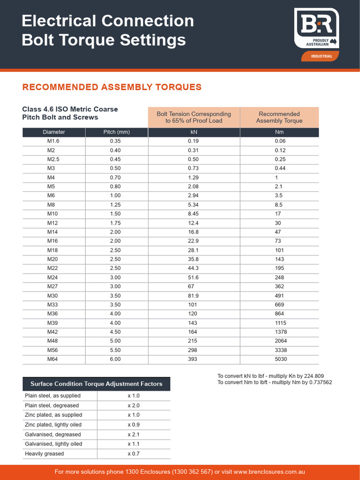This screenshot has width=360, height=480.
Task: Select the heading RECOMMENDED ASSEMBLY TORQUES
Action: (112, 87)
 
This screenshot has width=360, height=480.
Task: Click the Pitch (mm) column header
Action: (116, 132)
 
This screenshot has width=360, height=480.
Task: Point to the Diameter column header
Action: (54, 132)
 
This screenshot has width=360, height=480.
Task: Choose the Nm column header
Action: (279, 132)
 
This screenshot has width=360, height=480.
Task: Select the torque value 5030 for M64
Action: (281, 359)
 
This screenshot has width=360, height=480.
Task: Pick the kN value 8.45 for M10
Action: (193, 214)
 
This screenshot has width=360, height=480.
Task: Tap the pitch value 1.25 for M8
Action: (115, 205)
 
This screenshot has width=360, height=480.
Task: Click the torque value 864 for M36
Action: (279, 314)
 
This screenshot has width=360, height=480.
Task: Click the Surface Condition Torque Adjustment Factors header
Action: (96, 384)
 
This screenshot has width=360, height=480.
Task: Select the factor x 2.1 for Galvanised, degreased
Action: (134, 435)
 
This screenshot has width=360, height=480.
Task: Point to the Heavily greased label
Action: (44, 454)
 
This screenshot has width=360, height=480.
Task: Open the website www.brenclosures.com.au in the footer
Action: (269, 472)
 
